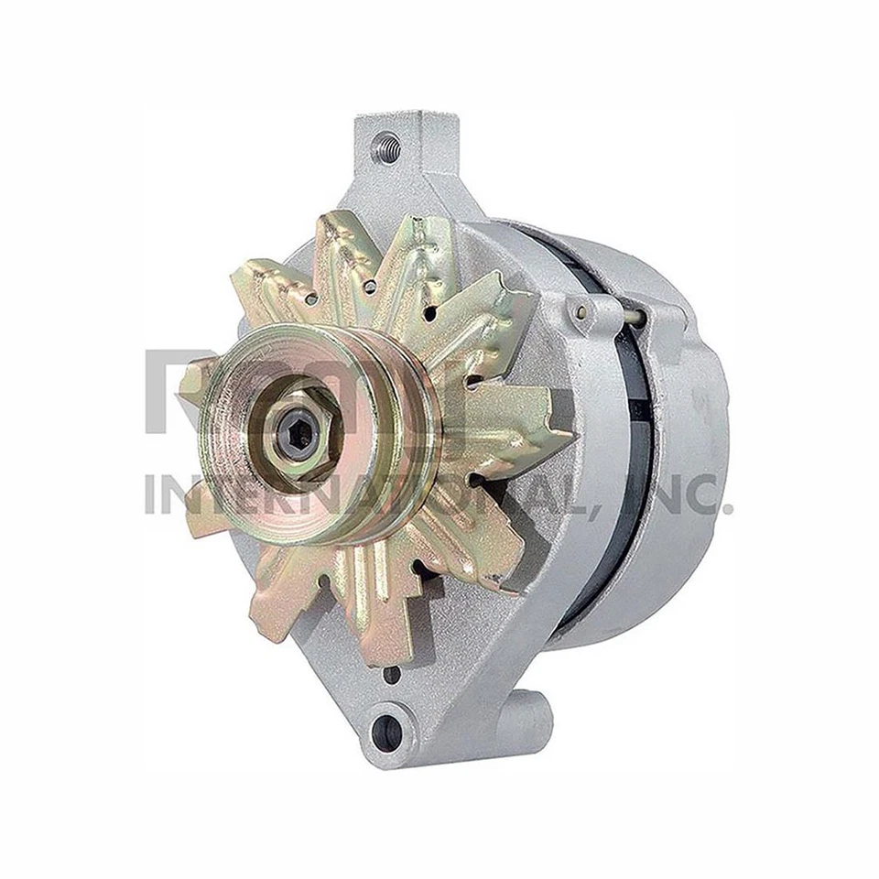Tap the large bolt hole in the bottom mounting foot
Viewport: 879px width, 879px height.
(388, 730)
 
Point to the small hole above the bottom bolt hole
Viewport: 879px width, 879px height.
(392, 677)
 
